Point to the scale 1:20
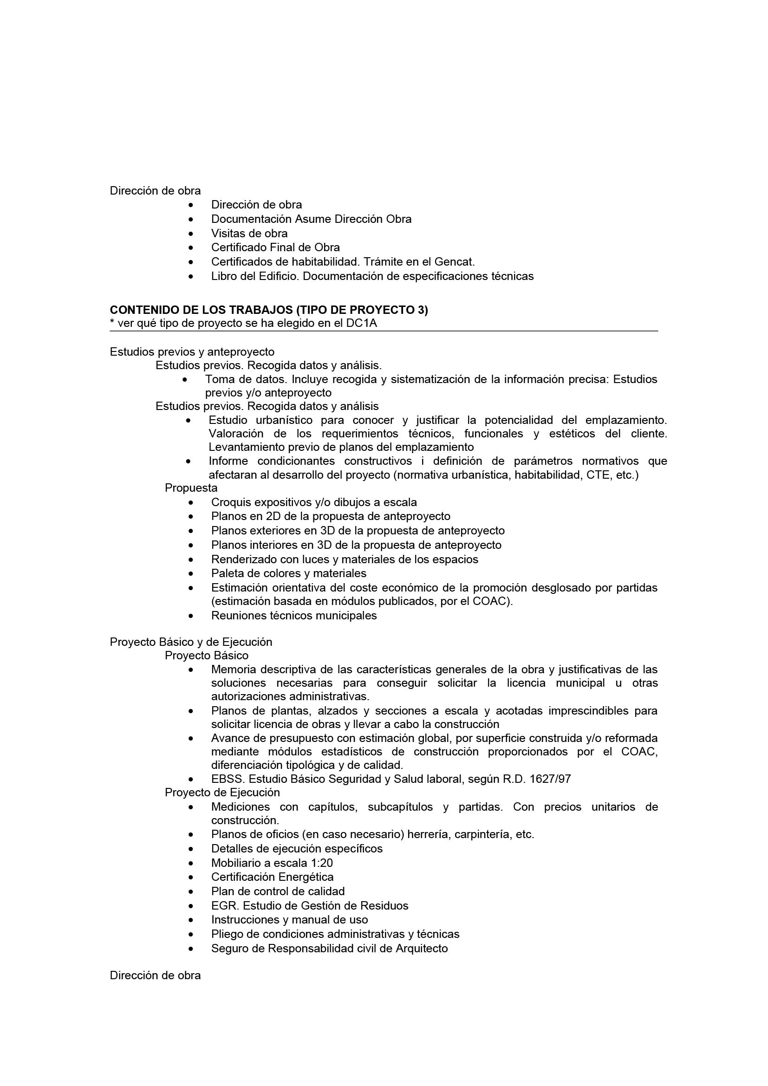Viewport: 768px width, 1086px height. pos(322,863)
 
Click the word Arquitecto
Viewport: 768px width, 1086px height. pos(421,949)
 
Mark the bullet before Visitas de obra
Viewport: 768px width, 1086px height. pos(190,234)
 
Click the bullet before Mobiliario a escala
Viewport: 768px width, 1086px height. pos(190,863)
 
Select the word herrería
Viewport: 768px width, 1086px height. pos(427,834)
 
